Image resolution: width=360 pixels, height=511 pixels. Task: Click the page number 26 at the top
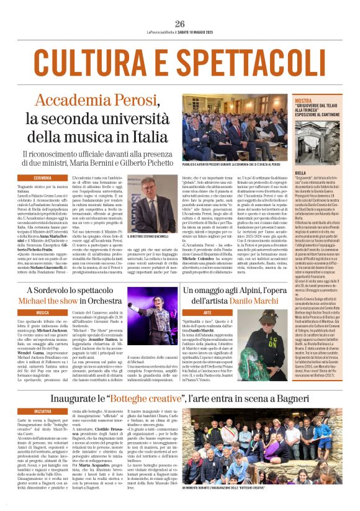[x=180, y=24]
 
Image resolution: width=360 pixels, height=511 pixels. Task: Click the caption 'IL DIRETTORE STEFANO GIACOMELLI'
[x=151, y=237]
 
